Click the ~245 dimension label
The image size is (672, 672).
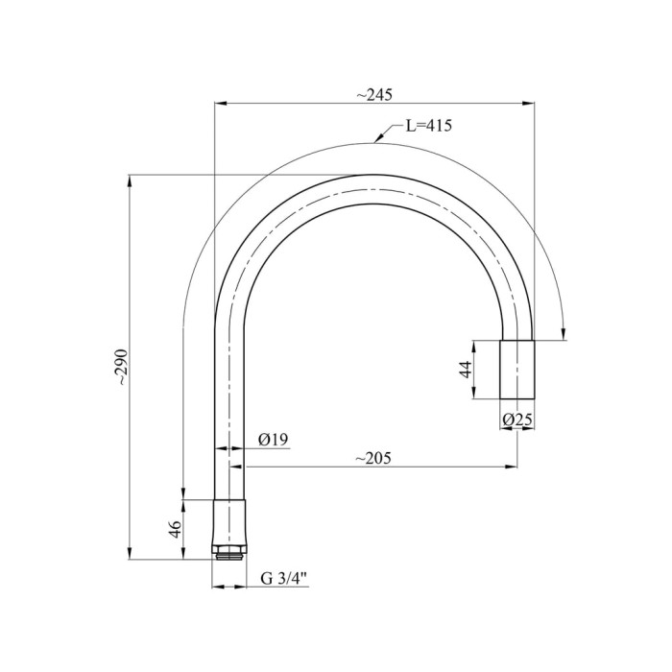click(374, 95)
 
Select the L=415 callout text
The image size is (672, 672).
click(429, 126)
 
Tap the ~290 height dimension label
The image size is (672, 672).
click(122, 367)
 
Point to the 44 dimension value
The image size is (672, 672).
click(466, 369)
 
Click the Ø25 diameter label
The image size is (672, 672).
click(517, 420)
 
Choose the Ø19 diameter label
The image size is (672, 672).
click(274, 440)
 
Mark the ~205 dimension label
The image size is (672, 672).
click(373, 458)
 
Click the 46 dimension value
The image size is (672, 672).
click(176, 529)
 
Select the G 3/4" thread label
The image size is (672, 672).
click(284, 579)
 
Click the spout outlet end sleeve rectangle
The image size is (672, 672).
click(517, 370)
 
